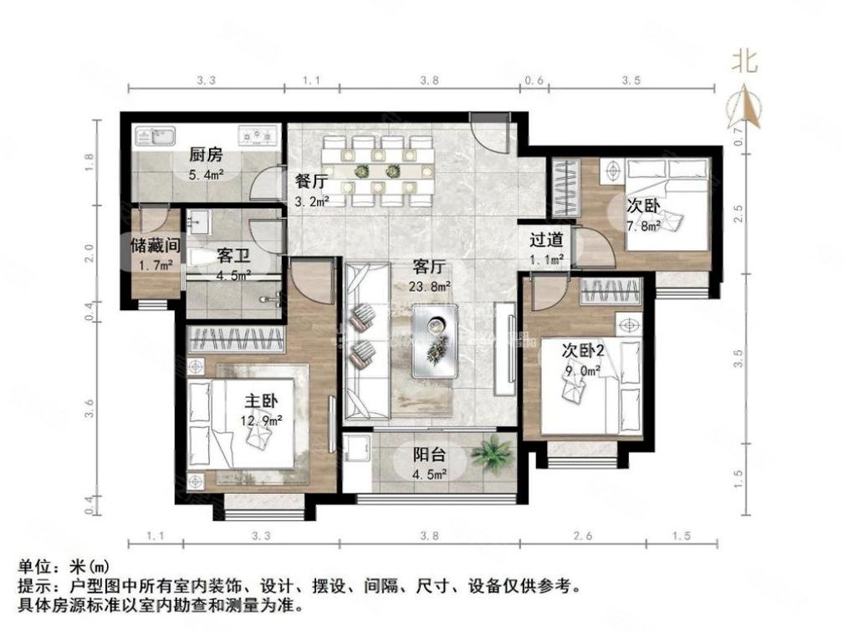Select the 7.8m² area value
pyautogui.click(x=644, y=225)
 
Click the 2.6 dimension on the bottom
pyautogui.click(x=585, y=536)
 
